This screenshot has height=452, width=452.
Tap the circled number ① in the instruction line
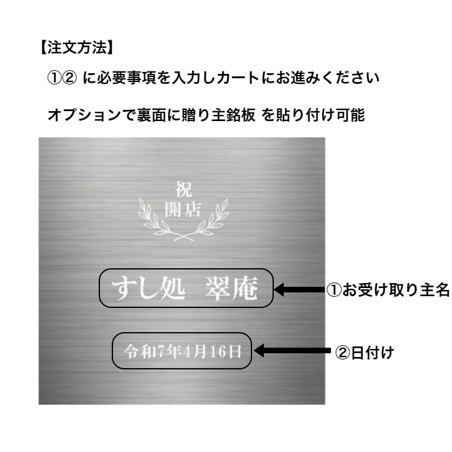tap(54, 79)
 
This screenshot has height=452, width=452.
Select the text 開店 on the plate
tap(183, 209)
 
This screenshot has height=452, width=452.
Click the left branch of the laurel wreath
tap(153, 217)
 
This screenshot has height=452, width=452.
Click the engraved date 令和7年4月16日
tap(183, 351)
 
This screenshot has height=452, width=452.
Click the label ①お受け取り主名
tap(388, 289)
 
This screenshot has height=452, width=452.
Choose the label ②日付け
tap(364, 353)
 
